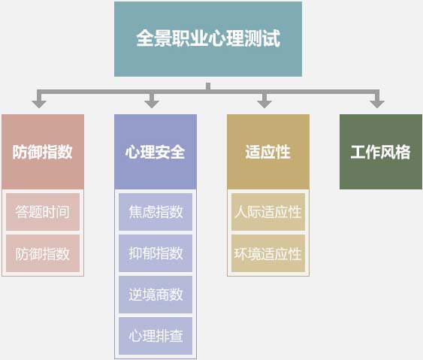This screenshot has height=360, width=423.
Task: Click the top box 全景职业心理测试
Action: tap(208, 39)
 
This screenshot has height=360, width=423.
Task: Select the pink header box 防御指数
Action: tap(43, 152)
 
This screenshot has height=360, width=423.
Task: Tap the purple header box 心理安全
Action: tap(156, 152)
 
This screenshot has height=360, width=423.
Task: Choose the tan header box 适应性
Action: tap(268, 152)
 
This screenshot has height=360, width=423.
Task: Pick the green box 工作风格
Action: tap(381, 152)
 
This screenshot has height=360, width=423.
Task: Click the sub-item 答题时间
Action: tap(43, 212)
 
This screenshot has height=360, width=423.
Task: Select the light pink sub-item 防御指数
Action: tap(43, 253)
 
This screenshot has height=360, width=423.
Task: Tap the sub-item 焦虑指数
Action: tap(156, 212)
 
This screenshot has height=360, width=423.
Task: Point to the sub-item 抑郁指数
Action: tap(156, 253)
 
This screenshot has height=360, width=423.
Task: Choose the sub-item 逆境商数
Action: tap(156, 295)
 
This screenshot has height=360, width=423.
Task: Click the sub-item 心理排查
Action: tap(156, 336)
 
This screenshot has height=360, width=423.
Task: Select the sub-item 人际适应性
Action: tap(268, 212)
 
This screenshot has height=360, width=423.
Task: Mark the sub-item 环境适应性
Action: tap(268, 253)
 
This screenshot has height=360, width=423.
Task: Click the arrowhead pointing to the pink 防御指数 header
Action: tap(39, 104)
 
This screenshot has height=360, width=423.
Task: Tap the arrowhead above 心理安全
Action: tap(152, 104)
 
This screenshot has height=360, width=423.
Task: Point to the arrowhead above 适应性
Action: tap(264, 104)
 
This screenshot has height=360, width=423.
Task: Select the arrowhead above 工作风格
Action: tap(377, 104)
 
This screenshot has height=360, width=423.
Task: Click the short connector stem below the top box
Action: tap(208, 86)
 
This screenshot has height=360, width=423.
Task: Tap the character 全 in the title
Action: tap(145, 38)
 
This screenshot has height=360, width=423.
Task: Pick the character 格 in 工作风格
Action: tap(403, 152)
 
